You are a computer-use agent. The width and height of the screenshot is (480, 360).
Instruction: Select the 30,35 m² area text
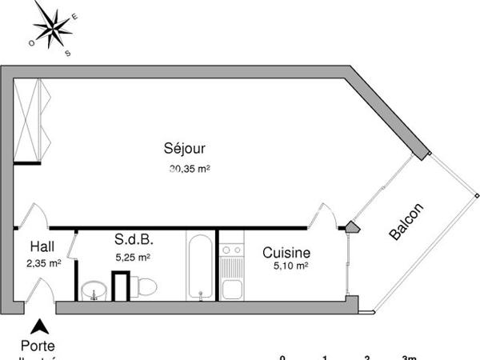click(x=189, y=169)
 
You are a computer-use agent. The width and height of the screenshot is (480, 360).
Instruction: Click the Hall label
click(x=42, y=246)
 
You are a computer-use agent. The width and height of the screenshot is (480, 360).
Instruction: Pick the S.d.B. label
click(x=134, y=240)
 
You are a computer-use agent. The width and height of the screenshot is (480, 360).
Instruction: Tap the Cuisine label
click(x=286, y=253)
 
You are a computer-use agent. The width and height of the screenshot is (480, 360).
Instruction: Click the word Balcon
click(x=406, y=222)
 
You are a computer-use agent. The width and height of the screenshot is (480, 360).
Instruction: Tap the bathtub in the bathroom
click(x=200, y=266)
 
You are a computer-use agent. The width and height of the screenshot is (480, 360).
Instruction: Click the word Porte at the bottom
click(x=38, y=346)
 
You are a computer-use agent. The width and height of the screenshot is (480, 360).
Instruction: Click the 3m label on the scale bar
click(x=409, y=357)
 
